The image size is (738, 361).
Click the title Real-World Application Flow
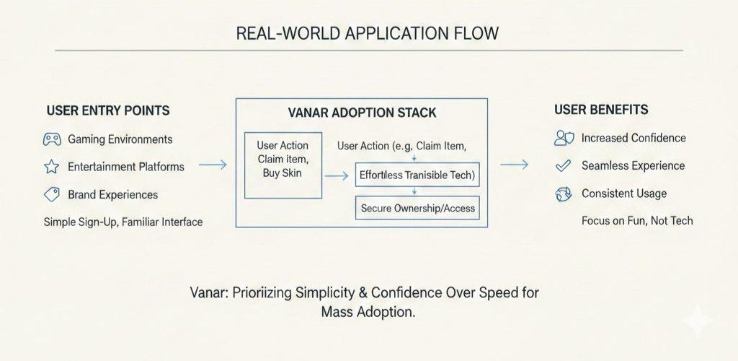(x=368, y=34)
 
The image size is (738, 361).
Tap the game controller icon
(x=52, y=139)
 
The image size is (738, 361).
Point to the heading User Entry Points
(x=108, y=110)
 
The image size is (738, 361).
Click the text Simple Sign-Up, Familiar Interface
(x=123, y=222)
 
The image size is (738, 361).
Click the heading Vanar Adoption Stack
(x=361, y=114)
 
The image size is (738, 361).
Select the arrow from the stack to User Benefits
(x=514, y=165)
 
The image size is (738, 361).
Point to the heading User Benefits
(x=601, y=110)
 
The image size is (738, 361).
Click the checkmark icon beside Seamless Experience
(x=563, y=166)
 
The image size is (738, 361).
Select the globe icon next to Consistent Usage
(x=563, y=193)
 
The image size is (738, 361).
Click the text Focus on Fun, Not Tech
(x=637, y=220)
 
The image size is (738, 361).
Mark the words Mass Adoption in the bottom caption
(x=369, y=313)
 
